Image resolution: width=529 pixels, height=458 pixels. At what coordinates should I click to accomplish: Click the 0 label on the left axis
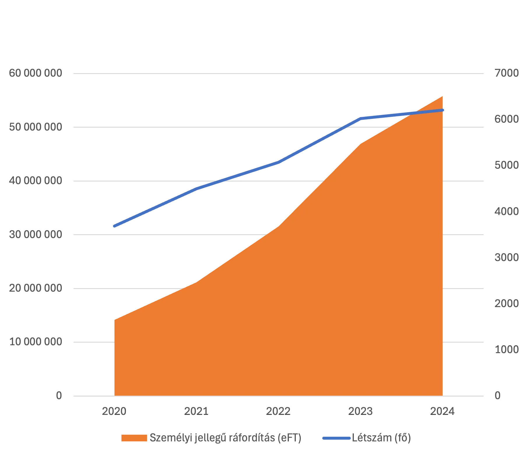pyautogui.click(x=59, y=396)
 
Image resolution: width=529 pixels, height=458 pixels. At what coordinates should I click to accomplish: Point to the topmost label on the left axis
pyautogui.click(x=36, y=73)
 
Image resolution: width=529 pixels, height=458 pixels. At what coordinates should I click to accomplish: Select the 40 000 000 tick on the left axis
pyautogui.click(x=35, y=181)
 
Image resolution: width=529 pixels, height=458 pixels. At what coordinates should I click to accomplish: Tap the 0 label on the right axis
pyautogui.click(x=498, y=396)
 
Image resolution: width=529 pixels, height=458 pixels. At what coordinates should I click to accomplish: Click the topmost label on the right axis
pyautogui.click(x=507, y=73)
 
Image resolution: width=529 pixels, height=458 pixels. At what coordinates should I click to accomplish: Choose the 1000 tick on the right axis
pyautogui.click(x=507, y=350)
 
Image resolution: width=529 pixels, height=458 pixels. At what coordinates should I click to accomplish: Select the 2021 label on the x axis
pyautogui.click(x=196, y=411)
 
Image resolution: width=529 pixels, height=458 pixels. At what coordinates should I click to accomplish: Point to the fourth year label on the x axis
pyautogui.click(x=361, y=411)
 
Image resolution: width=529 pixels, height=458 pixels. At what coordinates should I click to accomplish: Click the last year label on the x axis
pyautogui.click(x=443, y=411)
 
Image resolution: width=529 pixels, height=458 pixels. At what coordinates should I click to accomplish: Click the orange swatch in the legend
pyautogui.click(x=134, y=438)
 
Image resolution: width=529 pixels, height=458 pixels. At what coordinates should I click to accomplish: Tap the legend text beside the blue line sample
pyautogui.click(x=382, y=438)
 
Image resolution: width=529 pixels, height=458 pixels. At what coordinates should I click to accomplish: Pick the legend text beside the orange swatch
pyautogui.click(x=224, y=438)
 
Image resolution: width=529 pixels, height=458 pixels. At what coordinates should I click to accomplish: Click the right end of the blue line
pyautogui.click(x=443, y=110)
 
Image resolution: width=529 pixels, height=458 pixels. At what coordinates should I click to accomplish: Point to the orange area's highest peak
pyautogui.click(x=442, y=96)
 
